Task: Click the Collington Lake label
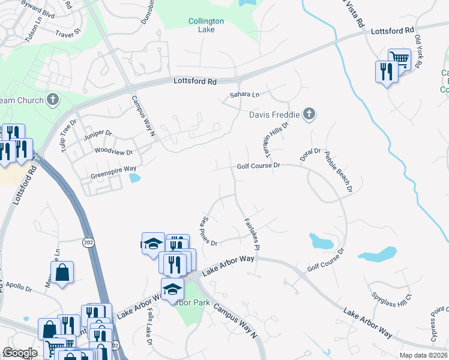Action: pyautogui.click(x=206, y=25)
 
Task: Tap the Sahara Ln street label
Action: pyautogui.click(x=244, y=95)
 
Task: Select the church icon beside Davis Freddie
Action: pyautogui.click(x=309, y=113)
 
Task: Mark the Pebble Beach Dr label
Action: pyautogui.click(x=338, y=172)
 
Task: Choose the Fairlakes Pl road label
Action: pyautogui.click(x=251, y=234)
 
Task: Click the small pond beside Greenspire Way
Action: pyautogui.click(x=134, y=178)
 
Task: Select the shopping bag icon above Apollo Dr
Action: pyautogui.click(x=62, y=273)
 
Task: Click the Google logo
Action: pyautogui.click(x=20, y=353)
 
